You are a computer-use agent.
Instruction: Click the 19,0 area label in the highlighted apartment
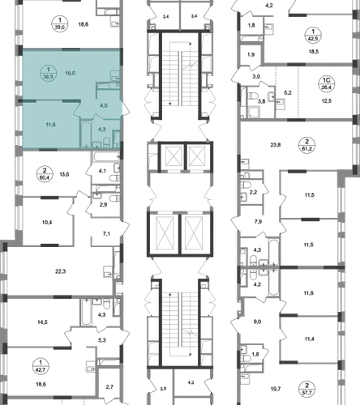click(x=71, y=73)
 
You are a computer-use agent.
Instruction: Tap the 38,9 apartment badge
click(x=48, y=73)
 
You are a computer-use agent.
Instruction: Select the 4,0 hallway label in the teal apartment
click(x=104, y=105)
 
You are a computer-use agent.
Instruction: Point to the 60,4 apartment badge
click(x=45, y=174)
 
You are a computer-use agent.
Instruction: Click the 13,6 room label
click(x=64, y=174)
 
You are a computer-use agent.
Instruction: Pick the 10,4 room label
click(x=47, y=223)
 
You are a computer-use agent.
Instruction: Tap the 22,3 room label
click(x=61, y=271)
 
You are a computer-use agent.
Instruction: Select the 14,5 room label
click(x=42, y=322)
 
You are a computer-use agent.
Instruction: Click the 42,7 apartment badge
click(x=41, y=366)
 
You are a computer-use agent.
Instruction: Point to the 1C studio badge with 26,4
click(x=327, y=83)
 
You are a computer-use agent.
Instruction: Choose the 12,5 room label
click(x=327, y=101)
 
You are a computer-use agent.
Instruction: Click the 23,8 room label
click(x=276, y=145)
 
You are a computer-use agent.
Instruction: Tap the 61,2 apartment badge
click(x=307, y=145)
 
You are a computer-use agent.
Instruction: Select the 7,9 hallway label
click(x=258, y=222)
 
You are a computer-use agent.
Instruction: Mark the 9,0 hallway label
click(x=257, y=322)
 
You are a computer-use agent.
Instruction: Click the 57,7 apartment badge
click(x=306, y=389)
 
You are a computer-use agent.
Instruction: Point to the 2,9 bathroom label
click(x=103, y=205)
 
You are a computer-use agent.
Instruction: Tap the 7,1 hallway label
click(x=106, y=234)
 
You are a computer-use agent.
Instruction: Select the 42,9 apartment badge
click(x=313, y=35)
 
